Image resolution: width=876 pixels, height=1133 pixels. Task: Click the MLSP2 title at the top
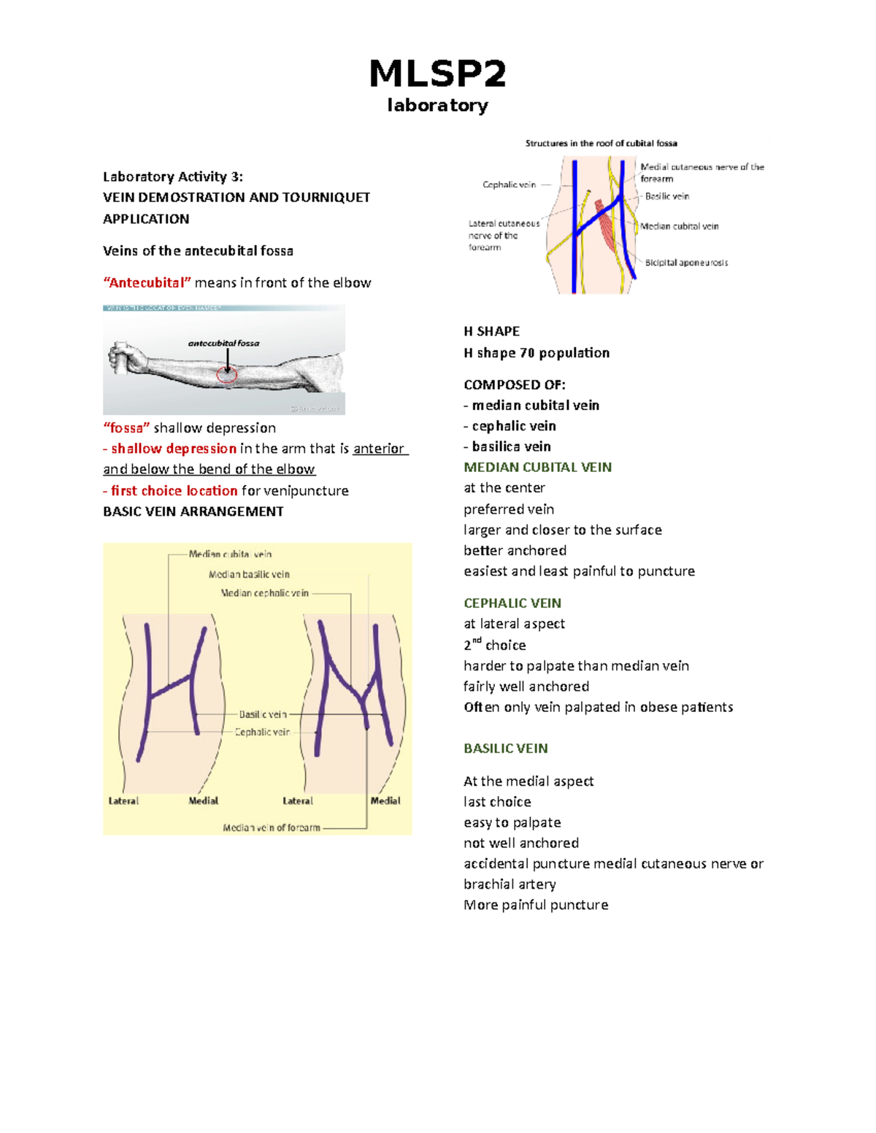(x=437, y=74)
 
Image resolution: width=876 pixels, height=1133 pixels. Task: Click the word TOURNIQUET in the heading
(x=333, y=198)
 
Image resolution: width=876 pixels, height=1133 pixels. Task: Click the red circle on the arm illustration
(x=227, y=374)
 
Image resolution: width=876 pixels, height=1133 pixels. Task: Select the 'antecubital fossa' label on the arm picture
(x=223, y=343)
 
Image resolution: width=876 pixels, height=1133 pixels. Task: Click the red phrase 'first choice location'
(x=174, y=491)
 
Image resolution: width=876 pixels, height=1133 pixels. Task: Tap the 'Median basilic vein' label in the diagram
(x=249, y=575)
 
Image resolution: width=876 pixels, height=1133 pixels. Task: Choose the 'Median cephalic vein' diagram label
(x=264, y=593)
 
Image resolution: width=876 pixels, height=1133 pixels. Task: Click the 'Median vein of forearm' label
(x=272, y=828)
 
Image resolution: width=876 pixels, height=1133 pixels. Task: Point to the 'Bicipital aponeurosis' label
(x=686, y=263)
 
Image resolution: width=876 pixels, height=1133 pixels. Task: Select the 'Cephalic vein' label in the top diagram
(x=509, y=185)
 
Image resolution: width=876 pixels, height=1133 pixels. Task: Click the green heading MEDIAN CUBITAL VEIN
(x=537, y=468)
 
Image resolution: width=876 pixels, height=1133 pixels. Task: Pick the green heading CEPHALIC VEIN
(x=512, y=603)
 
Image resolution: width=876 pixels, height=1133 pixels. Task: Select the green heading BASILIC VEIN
(x=505, y=749)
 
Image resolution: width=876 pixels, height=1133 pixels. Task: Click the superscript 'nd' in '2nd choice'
(x=477, y=641)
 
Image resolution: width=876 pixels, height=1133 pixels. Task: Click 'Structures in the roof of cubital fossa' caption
(x=601, y=144)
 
